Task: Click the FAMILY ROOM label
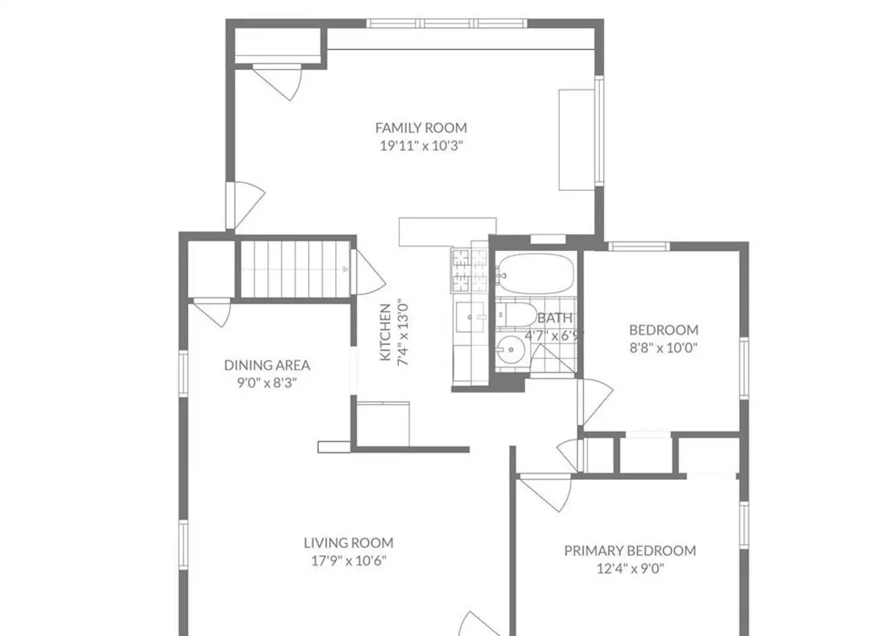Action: coord(421,128)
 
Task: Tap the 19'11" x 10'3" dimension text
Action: coord(421,146)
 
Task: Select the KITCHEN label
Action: coord(385,332)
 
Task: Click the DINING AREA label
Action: coord(267,365)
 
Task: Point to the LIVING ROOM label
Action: coord(348,543)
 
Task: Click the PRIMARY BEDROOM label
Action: coord(630,551)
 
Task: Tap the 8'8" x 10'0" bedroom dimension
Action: coord(663,348)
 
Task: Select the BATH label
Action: coord(554,318)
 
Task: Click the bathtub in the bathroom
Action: coord(535,273)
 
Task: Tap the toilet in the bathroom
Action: coord(515,314)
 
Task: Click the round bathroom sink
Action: coord(509,350)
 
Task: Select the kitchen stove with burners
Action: coord(469,270)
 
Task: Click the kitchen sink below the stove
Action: coord(470,318)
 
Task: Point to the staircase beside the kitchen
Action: coord(294,270)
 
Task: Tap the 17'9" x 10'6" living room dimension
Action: coord(348,561)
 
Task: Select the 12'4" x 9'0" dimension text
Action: coord(630,569)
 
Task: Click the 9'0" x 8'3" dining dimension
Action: coord(267,383)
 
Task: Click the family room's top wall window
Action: coord(446,24)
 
